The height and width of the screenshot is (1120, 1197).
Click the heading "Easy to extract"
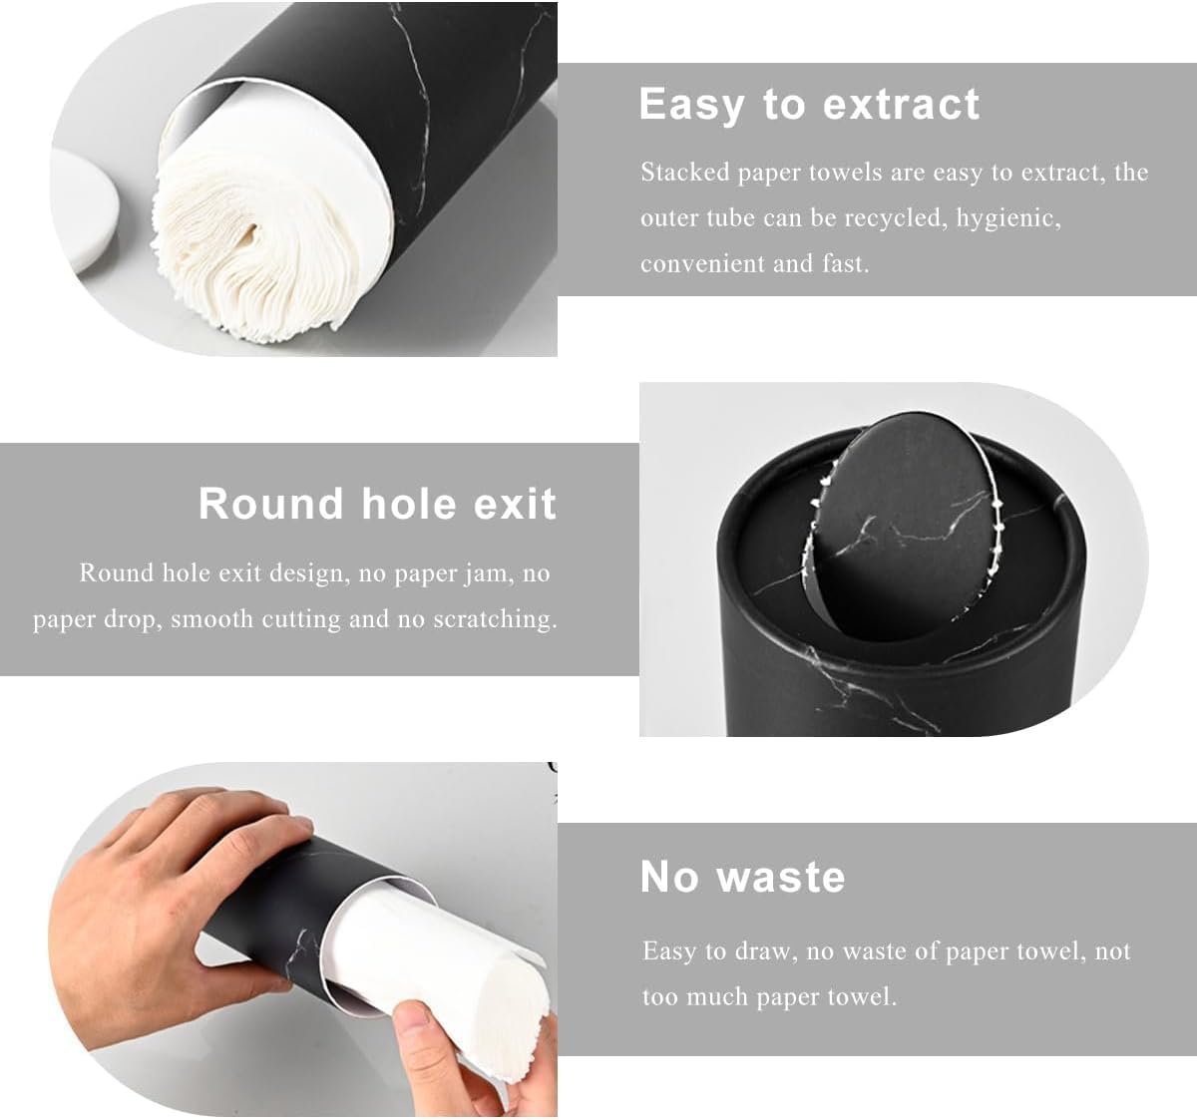click(809, 105)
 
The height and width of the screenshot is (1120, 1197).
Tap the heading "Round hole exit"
click(377, 504)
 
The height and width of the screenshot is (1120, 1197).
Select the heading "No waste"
click(742, 877)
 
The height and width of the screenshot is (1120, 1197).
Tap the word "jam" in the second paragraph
click(488, 572)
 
